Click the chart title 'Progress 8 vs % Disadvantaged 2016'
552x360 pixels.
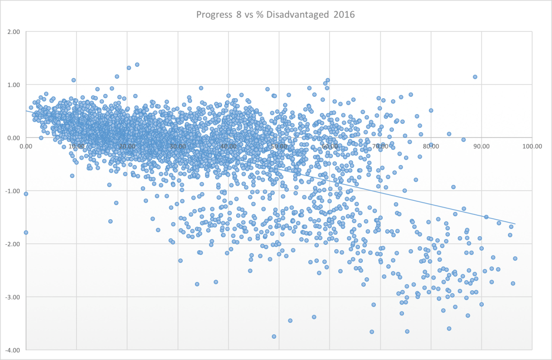click(275, 15)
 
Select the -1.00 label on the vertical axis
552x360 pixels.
click(13, 191)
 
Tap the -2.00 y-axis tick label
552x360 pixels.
click(13, 244)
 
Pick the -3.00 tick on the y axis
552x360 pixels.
click(13, 297)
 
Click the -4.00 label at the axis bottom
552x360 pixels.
click(13, 350)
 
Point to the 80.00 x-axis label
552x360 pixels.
click(431, 144)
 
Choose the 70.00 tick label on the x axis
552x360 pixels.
click(380, 144)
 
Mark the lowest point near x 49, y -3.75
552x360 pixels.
click(274, 336)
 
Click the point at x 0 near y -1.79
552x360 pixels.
click(26, 232)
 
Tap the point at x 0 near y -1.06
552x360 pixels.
click(26, 194)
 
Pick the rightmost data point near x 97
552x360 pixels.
click(515, 258)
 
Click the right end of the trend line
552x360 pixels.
click(516, 224)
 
